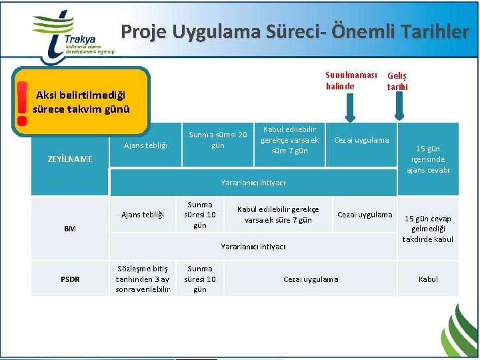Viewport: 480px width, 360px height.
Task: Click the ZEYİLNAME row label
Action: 70,159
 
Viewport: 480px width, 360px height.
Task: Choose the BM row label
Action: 70,229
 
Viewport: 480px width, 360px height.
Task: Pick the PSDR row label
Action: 70,279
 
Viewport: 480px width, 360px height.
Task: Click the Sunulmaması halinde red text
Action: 351,81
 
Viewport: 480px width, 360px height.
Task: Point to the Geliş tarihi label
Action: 397,81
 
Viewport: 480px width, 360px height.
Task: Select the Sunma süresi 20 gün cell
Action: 217,140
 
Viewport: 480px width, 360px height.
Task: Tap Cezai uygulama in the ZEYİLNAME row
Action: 361,140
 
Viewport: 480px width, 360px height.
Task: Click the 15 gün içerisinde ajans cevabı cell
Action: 428,159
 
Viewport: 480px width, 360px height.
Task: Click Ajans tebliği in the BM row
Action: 142,215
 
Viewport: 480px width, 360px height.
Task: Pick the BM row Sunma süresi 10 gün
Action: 200,215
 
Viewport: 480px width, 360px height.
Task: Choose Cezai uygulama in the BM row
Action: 365,215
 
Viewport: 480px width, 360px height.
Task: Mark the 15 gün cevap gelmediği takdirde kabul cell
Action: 428,229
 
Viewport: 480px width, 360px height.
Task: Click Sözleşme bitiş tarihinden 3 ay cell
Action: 143,279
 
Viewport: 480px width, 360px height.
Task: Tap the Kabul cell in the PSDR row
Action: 428,279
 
